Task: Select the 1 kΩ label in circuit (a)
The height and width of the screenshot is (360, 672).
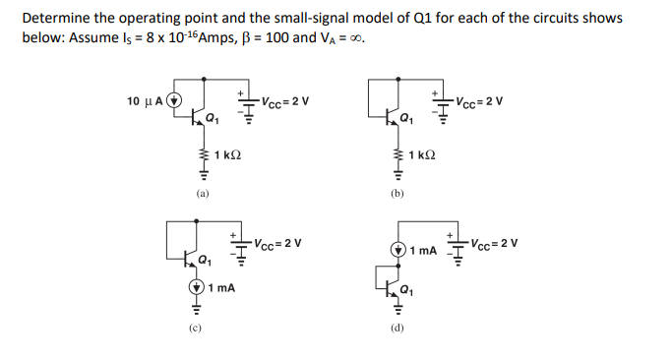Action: [x=227, y=155]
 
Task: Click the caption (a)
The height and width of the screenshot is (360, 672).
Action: [x=201, y=195]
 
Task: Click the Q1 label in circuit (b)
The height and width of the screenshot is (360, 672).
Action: [x=406, y=120]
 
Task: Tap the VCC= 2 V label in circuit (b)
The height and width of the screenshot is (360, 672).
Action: [x=480, y=100]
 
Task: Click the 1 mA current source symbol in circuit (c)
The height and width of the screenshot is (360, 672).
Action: [x=195, y=288]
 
